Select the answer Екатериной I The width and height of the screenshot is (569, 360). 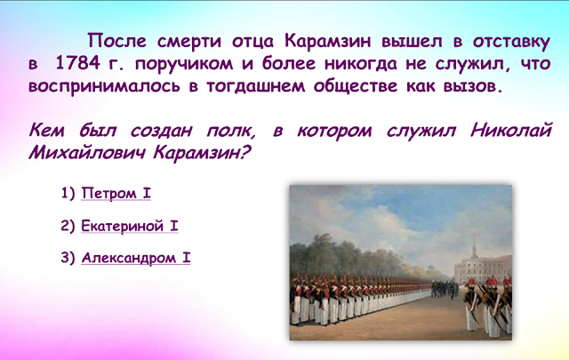(130, 226)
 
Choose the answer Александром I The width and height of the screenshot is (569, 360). (136, 259)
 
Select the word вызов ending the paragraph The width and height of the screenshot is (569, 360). (468, 88)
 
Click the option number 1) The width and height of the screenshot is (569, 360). (68, 192)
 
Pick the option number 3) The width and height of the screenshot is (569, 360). (68, 259)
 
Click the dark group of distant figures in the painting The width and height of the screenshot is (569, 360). (445, 289)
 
